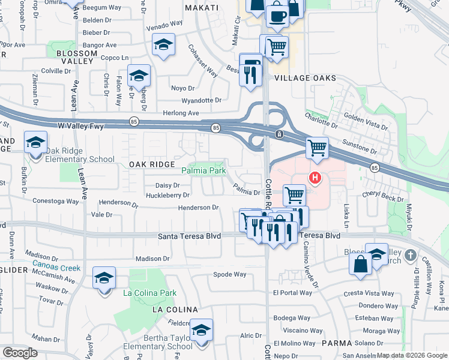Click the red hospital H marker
(x=314, y=178)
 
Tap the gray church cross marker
(x=411, y=256)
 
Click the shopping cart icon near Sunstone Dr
(x=316, y=148)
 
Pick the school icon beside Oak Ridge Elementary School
(x=35, y=143)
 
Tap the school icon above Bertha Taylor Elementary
(x=201, y=329)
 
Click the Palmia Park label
(x=208, y=171)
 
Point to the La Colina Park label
(x=149, y=293)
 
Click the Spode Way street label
(x=230, y=274)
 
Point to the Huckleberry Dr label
(x=168, y=195)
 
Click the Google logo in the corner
(x=20, y=353)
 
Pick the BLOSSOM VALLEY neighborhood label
(x=76, y=57)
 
